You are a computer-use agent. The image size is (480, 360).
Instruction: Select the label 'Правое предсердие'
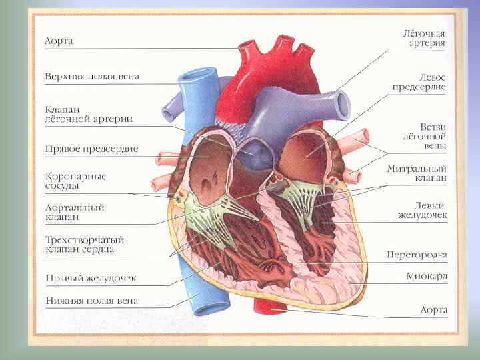91,149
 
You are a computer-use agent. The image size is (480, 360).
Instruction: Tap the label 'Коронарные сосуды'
75,181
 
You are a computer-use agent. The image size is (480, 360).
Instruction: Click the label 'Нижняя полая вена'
91,301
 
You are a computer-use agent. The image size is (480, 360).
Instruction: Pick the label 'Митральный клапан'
417,173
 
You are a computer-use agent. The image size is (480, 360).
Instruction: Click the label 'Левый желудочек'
422,210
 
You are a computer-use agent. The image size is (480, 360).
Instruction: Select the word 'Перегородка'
417,255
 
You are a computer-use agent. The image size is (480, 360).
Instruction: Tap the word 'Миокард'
427,276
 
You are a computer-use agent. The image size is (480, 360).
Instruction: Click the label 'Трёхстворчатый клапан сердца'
85,244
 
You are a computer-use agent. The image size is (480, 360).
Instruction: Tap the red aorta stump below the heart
271,305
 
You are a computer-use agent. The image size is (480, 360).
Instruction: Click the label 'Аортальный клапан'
75,212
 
